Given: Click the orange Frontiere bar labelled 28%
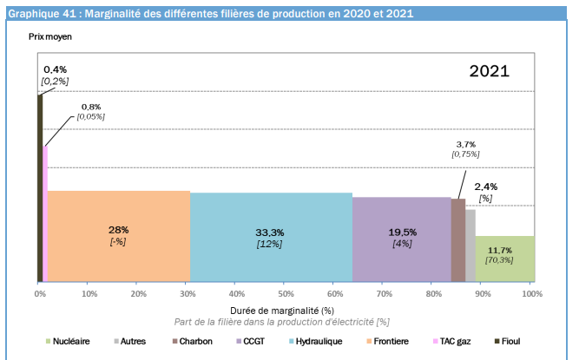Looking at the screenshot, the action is point(119,236).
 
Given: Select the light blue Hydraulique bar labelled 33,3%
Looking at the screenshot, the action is point(272,237).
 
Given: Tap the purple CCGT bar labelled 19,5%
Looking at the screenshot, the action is point(402,239).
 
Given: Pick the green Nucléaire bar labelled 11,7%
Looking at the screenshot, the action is point(504,259).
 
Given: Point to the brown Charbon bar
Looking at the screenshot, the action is point(458,240).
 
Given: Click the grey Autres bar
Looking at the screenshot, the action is point(470,245).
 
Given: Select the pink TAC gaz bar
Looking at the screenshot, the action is point(45,214).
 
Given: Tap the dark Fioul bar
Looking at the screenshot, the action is point(40,188).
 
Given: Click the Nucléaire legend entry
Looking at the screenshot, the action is point(68,341).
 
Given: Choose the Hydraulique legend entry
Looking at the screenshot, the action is point(316,341).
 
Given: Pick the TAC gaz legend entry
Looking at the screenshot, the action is point(452,341).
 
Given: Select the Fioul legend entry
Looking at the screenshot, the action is point(507,341).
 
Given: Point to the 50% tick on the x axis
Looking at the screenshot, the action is point(284,283).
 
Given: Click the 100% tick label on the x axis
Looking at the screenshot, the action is point(532,294).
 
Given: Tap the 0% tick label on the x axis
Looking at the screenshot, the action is point(40,294).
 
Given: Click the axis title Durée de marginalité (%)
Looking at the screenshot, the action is point(282,311).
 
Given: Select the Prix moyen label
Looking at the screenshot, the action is point(50,37).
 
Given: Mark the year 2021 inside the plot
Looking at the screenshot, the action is point(490,71).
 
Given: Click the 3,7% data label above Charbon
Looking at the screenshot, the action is point(466,144).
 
